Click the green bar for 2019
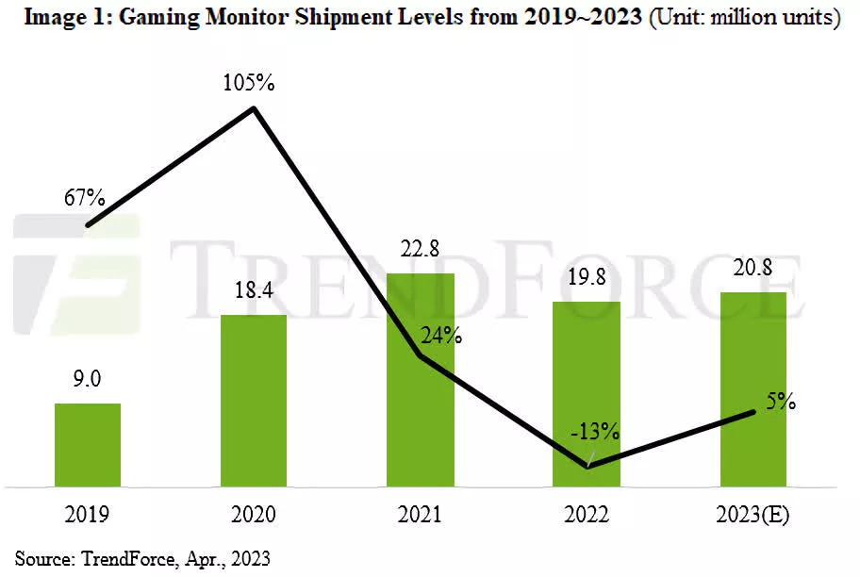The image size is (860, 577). point(88,445)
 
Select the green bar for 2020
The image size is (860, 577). point(254,401)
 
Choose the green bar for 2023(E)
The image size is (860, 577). point(752,388)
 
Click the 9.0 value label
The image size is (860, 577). point(87,379)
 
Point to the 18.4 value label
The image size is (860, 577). point(253,290)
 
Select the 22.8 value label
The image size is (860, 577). point(420,249)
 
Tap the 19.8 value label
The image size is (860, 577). point(586,277)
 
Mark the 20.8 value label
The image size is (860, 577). point(752,268)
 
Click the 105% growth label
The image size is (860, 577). point(249,83)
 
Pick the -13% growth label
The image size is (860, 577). point(594,432)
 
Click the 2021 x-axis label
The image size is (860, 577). point(420,515)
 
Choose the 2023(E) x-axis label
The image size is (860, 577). point(752,515)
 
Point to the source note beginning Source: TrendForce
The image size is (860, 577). point(142,558)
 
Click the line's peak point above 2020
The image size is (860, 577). point(254,108)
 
